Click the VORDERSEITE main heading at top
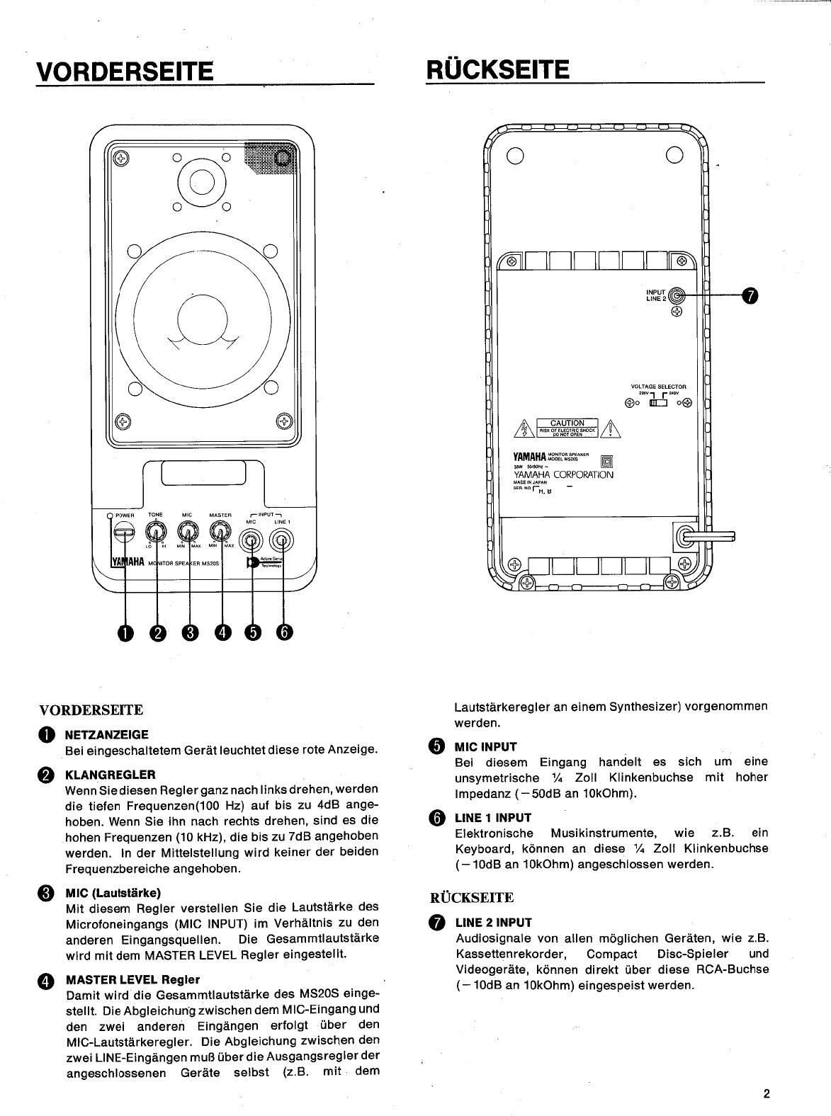(125, 71)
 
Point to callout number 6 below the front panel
(283, 632)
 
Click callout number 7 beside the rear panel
(750, 295)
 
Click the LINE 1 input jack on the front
(282, 542)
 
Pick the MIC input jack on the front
(251, 542)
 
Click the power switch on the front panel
(125, 532)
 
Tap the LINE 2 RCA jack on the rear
(677, 295)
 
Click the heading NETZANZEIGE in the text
(107, 734)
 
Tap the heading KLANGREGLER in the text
(110, 774)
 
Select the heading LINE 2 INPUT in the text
(493, 922)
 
